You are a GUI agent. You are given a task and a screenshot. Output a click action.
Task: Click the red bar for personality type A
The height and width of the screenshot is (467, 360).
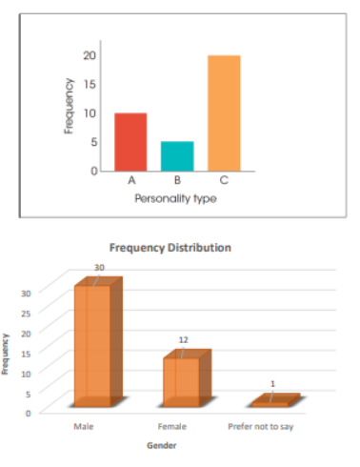130,141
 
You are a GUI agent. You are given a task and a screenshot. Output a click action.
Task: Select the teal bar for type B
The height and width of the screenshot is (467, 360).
177,155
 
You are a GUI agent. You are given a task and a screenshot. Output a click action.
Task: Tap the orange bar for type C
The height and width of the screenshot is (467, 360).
224,112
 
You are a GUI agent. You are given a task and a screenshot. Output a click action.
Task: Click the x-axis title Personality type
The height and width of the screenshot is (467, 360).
176,198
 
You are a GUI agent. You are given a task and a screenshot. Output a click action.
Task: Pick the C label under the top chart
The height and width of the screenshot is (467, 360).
224,180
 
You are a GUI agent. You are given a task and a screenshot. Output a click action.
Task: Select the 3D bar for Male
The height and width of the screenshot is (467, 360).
93,343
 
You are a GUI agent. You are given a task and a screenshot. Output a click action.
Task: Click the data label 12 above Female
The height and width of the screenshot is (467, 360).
185,338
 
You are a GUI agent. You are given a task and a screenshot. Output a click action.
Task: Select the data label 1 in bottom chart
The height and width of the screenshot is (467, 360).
272,384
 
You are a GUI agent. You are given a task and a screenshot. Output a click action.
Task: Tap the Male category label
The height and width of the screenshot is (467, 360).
83,426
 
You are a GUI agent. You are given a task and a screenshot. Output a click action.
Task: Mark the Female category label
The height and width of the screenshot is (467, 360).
172,426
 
